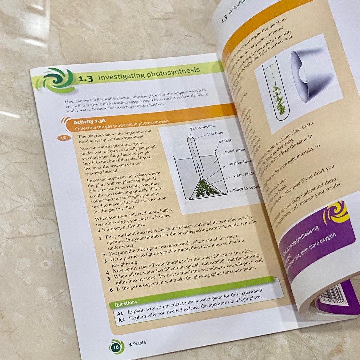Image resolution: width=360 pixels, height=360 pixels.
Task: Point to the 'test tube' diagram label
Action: tap(215, 134)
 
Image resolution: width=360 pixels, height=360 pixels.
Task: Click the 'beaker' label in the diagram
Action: tap(225, 141)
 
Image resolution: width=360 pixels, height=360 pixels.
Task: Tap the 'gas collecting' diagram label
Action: tap(202, 126)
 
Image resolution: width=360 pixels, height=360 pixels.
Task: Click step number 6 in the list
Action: tap(111, 290)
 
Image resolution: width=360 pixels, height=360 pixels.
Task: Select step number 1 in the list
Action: tap(100, 239)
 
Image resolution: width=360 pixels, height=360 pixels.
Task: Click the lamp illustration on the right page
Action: tap(310, 75)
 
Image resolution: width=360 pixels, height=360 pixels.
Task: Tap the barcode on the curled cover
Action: tap(331, 296)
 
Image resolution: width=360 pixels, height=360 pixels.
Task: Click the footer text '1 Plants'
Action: tap(137, 343)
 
